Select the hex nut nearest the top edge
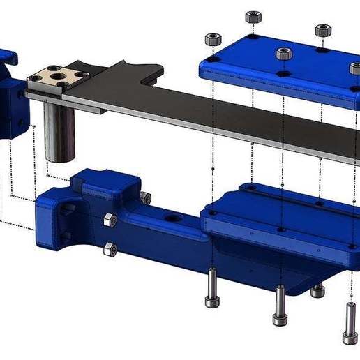pyautogui.click(x=253, y=17)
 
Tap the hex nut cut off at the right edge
pyautogui.click(x=356, y=68)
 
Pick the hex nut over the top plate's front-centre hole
pyautogui.click(x=283, y=54)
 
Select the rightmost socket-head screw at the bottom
pyautogui.click(x=349, y=324)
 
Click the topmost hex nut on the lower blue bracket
pyautogui.click(x=145, y=198)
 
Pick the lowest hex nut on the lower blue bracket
pyautogui.click(x=109, y=248)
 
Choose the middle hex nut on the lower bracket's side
pyautogui.click(x=109, y=220)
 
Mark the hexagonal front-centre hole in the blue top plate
pyautogui.click(x=283, y=73)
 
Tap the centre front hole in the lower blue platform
pyautogui.click(x=280, y=228)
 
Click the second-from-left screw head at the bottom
pyautogui.click(x=280, y=318)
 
